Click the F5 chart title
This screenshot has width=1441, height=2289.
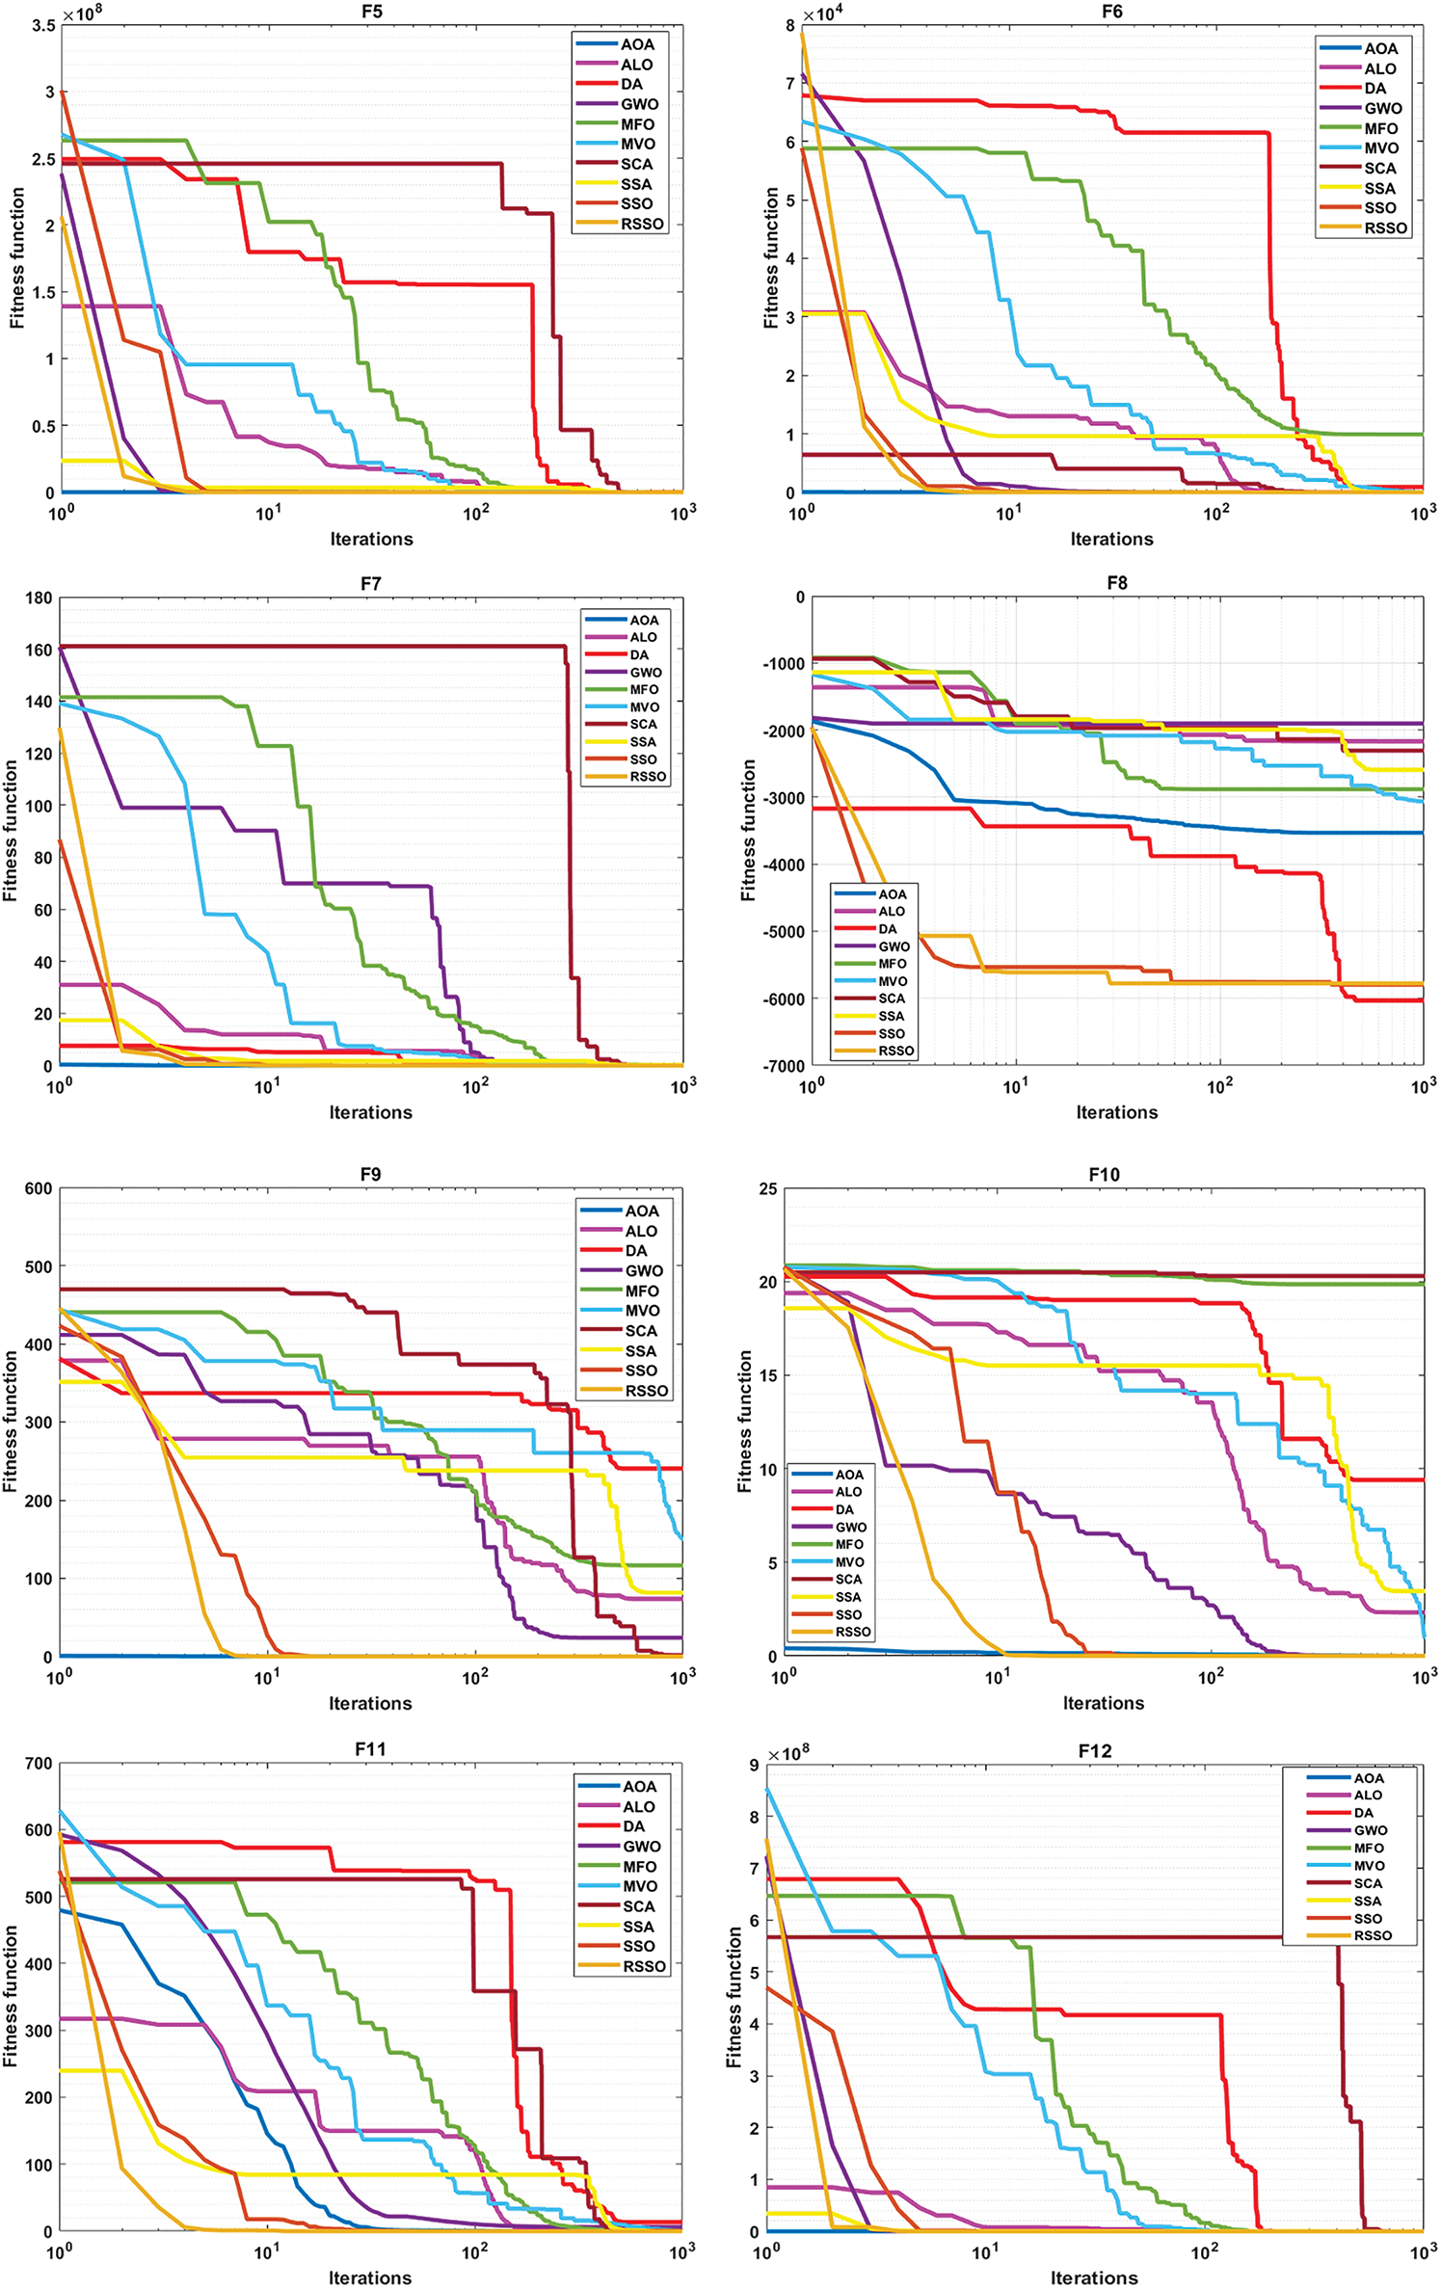click(x=371, y=12)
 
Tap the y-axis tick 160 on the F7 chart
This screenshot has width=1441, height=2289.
click(x=39, y=651)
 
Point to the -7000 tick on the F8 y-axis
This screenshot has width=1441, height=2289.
click(x=782, y=1066)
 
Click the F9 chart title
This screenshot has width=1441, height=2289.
click(x=370, y=1174)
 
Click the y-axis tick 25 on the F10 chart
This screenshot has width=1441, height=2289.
click(x=767, y=1189)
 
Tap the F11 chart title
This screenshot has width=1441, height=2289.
click(x=370, y=1749)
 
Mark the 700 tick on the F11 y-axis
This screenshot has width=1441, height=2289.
click(x=39, y=1764)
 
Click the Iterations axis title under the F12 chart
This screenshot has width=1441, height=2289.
click(x=1094, y=2277)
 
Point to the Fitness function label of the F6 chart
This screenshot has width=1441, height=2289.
click(x=771, y=257)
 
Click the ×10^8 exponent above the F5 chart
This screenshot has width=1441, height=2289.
click(x=82, y=13)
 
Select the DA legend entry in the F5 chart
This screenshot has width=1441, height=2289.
click(x=631, y=85)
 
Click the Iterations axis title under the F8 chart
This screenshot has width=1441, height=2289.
click(x=1116, y=1112)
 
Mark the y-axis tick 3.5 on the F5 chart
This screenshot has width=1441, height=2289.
click(x=42, y=26)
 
